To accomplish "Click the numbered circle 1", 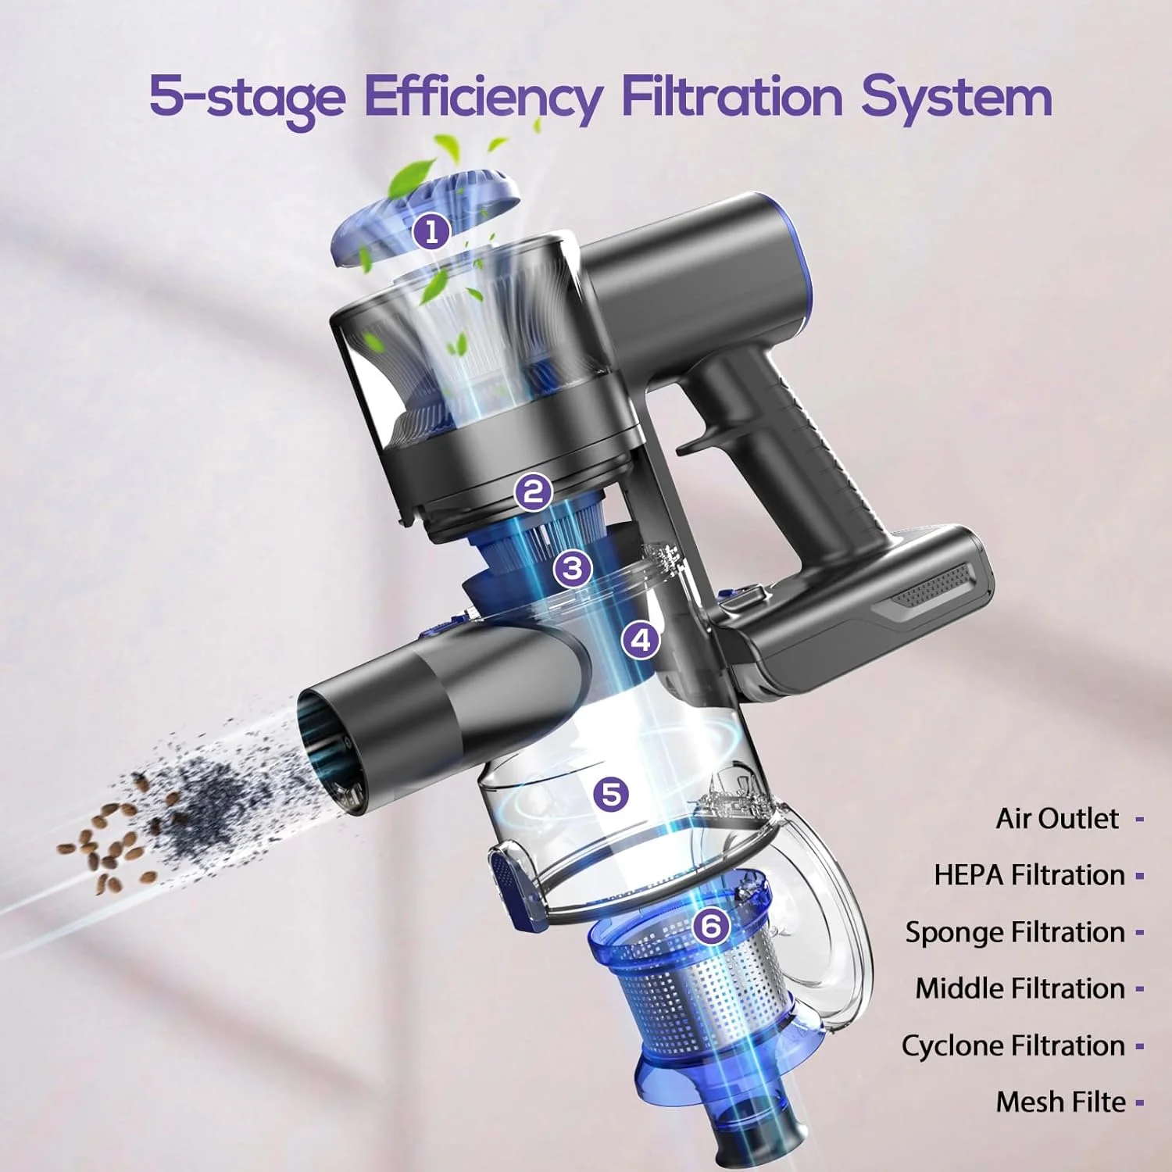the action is pos(432,232).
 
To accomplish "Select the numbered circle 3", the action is pos(573,568).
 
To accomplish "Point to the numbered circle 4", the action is pos(641,641).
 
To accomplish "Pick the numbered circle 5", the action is pos(611,794).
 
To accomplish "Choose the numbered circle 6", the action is pos(711,926).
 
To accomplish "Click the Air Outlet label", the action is pos(1057,818).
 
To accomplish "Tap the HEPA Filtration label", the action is pos(1029,875).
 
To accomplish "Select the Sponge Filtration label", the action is pos(1015,932).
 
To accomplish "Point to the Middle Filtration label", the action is pos(1020,988).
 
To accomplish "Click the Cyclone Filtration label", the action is pos(1013,1045).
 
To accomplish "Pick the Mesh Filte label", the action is pos(1060,1102).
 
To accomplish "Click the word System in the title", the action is pos(956,98).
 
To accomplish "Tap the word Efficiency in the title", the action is pos(483,98).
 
